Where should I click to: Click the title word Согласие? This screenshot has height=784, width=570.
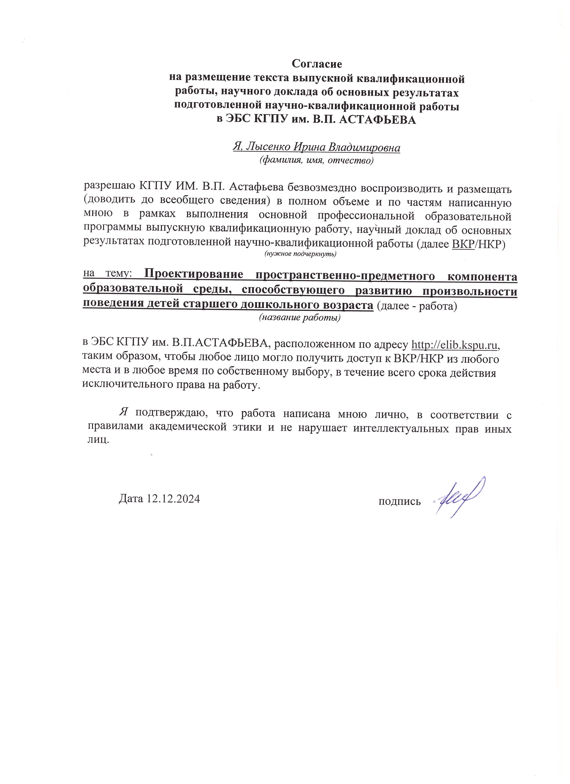coord(317,64)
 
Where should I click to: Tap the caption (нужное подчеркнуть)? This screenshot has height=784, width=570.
coord(300,254)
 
